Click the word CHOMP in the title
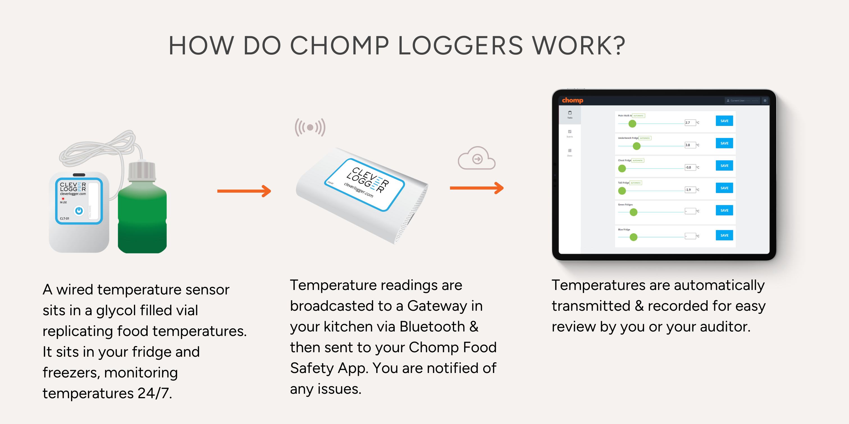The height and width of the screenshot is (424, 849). pyautogui.click(x=339, y=46)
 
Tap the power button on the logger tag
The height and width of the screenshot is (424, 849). pyautogui.click(x=79, y=210)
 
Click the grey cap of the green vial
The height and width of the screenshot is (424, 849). pyautogui.click(x=142, y=170)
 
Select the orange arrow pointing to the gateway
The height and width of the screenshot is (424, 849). pyautogui.click(x=244, y=191)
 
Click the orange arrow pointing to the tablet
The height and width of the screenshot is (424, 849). pyautogui.click(x=476, y=188)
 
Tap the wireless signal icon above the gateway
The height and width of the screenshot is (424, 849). pyautogui.click(x=310, y=127)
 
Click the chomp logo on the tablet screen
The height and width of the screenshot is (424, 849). pyautogui.click(x=572, y=100)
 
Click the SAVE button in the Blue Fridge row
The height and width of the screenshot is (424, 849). pyautogui.click(x=724, y=235)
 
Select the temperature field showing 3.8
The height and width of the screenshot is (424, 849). pyautogui.click(x=690, y=145)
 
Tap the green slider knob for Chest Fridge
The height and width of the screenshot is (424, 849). pyautogui.click(x=622, y=169)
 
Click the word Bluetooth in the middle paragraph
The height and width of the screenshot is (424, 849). pyautogui.click(x=432, y=327)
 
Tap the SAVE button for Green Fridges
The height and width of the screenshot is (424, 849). pyautogui.click(x=724, y=210)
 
